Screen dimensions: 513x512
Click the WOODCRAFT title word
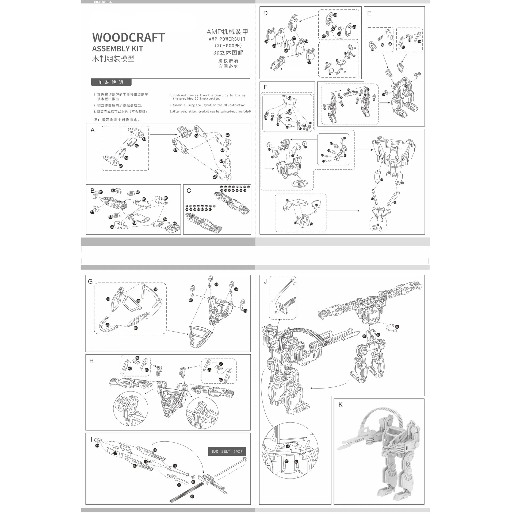point(128,37)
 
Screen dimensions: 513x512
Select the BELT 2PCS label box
point(227,451)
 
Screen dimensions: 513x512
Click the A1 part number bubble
point(144,139)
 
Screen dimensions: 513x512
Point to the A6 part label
point(196,136)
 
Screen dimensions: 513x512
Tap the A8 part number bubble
point(215,177)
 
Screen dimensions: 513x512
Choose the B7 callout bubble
point(175,223)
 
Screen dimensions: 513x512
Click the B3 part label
point(144,199)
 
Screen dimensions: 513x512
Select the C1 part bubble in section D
point(335,15)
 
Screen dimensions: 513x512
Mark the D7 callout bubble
point(294,38)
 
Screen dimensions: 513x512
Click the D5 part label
point(309,62)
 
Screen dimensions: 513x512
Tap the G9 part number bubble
point(155,289)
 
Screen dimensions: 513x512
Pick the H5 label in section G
point(245,311)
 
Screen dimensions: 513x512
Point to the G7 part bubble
point(108,325)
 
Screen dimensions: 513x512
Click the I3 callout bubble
point(179,485)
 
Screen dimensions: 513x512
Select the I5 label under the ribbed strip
point(192,496)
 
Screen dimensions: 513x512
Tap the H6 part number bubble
point(97,446)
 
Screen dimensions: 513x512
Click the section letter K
point(340,405)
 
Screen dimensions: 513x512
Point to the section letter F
point(265,87)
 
